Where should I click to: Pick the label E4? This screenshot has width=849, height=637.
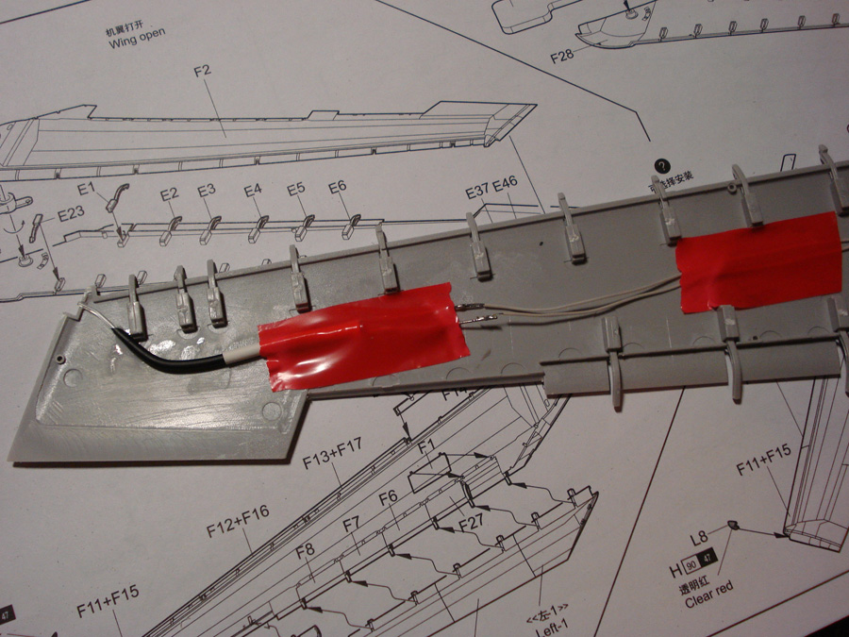click(252, 191)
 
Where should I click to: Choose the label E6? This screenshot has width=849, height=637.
click(338, 188)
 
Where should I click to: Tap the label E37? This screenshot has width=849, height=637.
click(477, 193)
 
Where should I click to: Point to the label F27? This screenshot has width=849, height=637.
click(472, 523)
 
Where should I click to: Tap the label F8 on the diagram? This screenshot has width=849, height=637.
click(305, 550)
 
